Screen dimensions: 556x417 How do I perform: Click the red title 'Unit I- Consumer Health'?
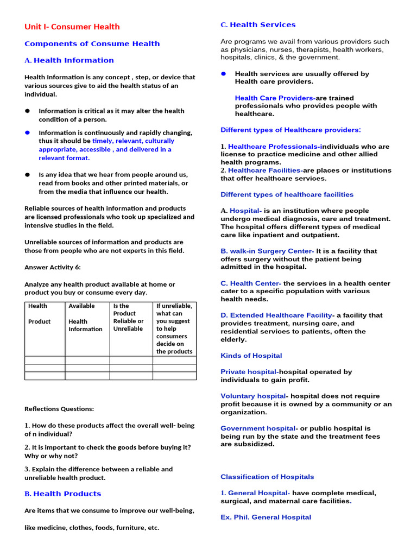pyautogui.click(x=72, y=27)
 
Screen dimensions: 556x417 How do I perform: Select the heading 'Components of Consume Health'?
pyautogui.click(x=92, y=43)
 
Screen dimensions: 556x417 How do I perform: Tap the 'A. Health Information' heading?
pyautogui.click(x=69, y=60)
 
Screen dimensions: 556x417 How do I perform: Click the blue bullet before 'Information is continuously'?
pyautogui.click(x=27, y=132)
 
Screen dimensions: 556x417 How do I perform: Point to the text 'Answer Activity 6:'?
pyautogui.click(x=52, y=267)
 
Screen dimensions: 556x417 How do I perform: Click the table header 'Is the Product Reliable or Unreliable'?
pyautogui.click(x=128, y=317)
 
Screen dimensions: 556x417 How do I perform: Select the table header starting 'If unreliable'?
pyautogui.click(x=174, y=328)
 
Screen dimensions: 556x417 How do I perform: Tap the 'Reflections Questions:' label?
pyautogui.click(x=59, y=409)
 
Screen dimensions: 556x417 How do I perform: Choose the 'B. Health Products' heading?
pyautogui.click(x=62, y=494)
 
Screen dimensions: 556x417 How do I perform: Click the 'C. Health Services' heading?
pyautogui.click(x=258, y=24)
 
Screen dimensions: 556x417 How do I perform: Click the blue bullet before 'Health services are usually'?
pyautogui.click(x=223, y=73)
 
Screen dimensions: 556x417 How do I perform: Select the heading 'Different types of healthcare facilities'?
pyautogui.click(x=287, y=194)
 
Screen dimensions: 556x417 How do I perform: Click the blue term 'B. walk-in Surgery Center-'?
pyautogui.click(x=267, y=251)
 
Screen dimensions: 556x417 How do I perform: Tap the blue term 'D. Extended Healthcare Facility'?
pyautogui.click(x=276, y=315)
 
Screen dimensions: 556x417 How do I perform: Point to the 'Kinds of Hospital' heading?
pyautogui.click(x=251, y=356)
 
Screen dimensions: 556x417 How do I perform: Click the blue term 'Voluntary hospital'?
pyautogui.click(x=253, y=396)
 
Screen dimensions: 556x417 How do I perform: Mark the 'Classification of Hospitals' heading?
pyautogui.click(x=267, y=477)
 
